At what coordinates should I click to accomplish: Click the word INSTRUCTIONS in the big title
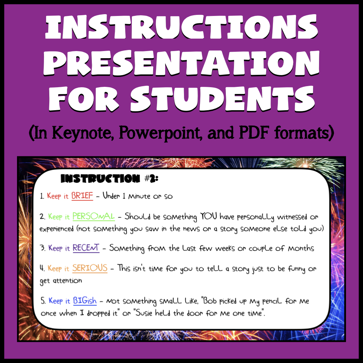181,27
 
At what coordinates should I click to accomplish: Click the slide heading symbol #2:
151,179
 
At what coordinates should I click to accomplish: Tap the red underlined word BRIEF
82,196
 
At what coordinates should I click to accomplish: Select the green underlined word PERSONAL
94,216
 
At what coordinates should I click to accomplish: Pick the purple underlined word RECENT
86,248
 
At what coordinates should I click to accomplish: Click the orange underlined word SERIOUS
90,268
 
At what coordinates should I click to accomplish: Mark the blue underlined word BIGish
85,301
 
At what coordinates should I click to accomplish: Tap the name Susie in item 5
144,313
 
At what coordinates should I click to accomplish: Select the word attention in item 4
67,281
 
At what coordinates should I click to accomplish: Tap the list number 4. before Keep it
42,268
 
